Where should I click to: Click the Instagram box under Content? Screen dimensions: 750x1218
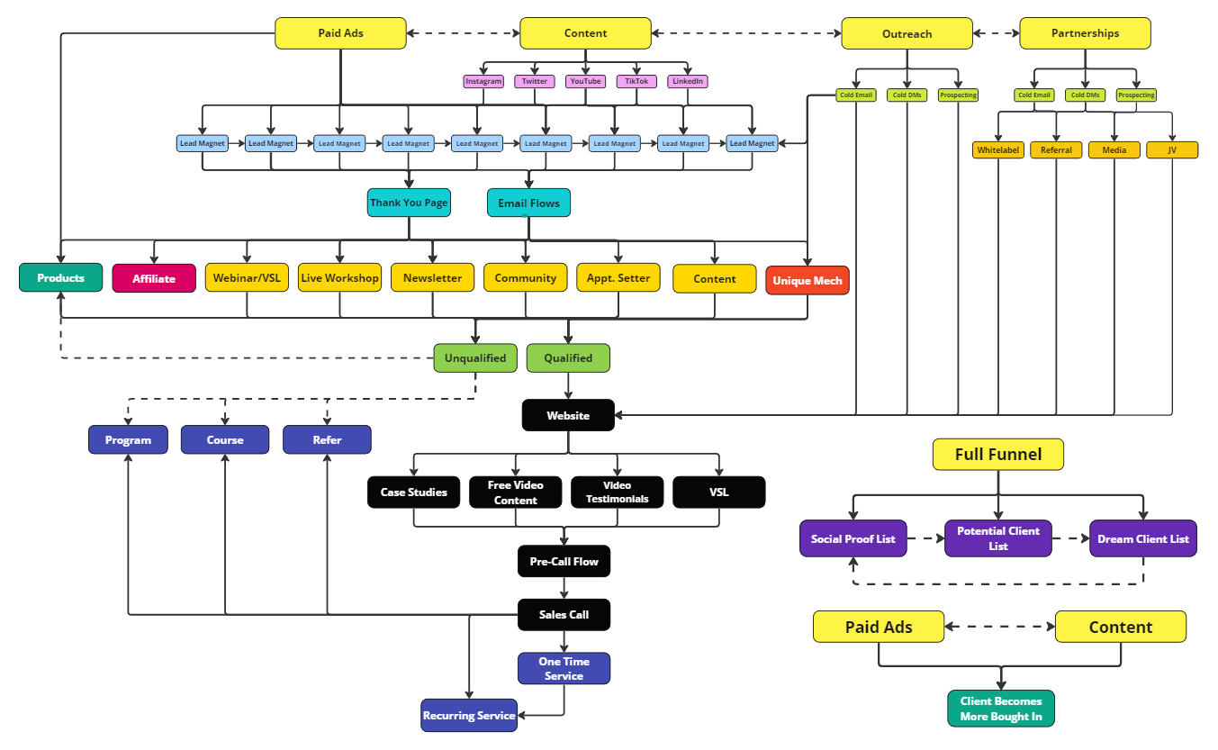coord(483,81)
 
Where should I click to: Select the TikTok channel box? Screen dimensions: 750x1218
coord(636,81)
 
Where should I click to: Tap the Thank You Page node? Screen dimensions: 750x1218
coord(409,203)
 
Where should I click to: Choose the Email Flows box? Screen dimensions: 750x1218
coord(528,203)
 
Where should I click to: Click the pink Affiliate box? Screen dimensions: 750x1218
coord(154,278)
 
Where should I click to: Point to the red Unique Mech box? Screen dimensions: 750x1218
coord(807,280)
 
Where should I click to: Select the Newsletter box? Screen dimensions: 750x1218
coord(432,278)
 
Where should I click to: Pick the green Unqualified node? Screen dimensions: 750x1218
coord(475,358)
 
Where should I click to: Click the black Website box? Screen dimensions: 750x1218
coord(568,415)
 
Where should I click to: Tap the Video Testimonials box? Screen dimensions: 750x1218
coord(617,492)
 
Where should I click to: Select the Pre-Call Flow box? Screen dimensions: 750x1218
coord(564,561)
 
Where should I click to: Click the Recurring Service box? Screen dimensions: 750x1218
coord(469,715)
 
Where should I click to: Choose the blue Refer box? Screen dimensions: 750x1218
coord(327,439)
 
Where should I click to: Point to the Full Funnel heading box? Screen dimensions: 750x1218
coord(997,455)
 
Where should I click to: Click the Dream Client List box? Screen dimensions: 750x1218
coord(1143,538)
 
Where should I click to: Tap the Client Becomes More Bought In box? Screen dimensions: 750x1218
coord(1001,709)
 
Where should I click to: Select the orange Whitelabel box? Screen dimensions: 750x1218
coord(998,150)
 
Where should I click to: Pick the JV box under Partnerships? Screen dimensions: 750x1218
coord(1172,150)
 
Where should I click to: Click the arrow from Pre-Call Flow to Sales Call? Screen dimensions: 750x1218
coord(564,588)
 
